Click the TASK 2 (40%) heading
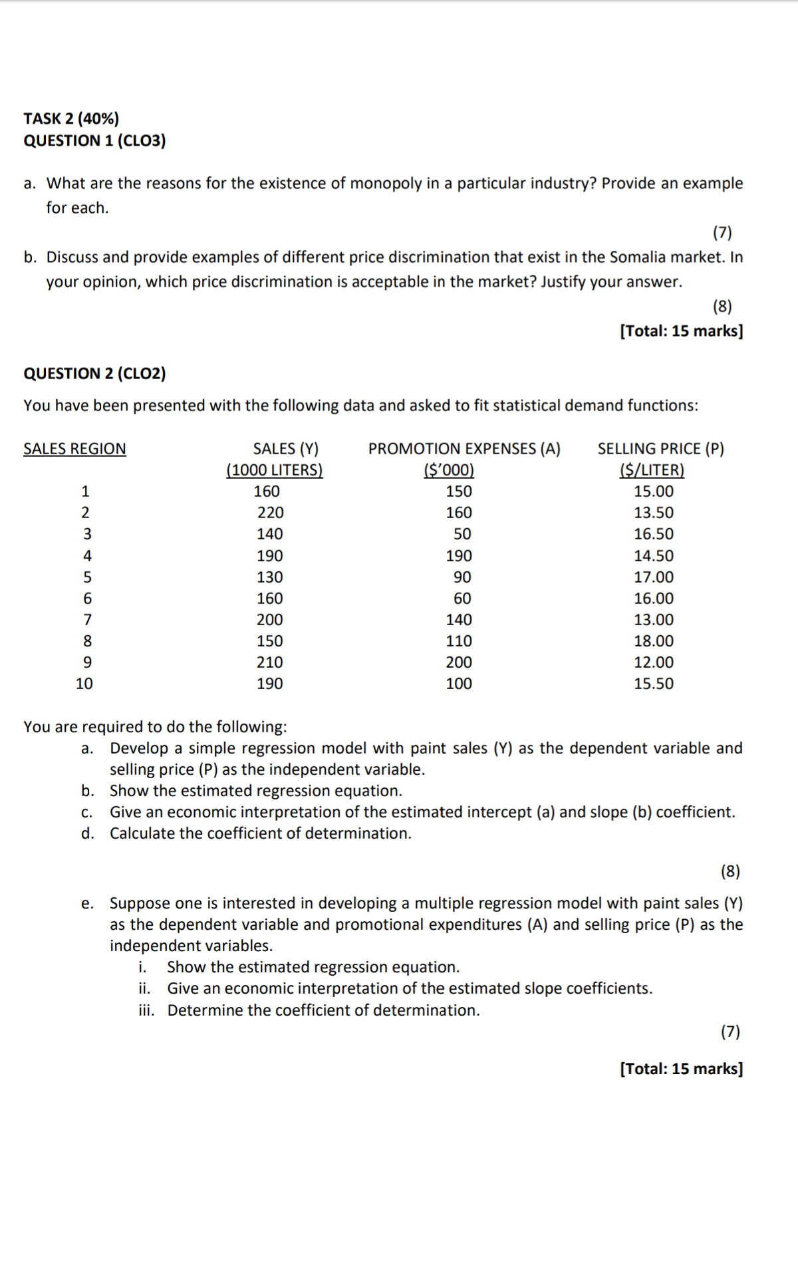(x=71, y=119)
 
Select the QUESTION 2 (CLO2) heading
(x=94, y=373)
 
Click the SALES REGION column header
(x=74, y=449)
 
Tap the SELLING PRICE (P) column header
(x=660, y=449)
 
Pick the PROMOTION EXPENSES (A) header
(x=464, y=449)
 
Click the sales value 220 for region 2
(x=270, y=513)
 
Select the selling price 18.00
(x=654, y=641)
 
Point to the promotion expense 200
(x=459, y=662)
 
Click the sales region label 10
(x=84, y=684)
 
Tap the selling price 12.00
(x=654, y=662)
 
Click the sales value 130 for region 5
(x=270, y=577)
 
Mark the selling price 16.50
(x=654, y=534)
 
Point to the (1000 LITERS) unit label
(x=275, y=470)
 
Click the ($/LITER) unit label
(x=652, y=470)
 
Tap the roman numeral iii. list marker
(x=146, y=1011)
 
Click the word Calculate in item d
(x=142, y=833)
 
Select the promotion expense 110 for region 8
(x=459, y=641)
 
